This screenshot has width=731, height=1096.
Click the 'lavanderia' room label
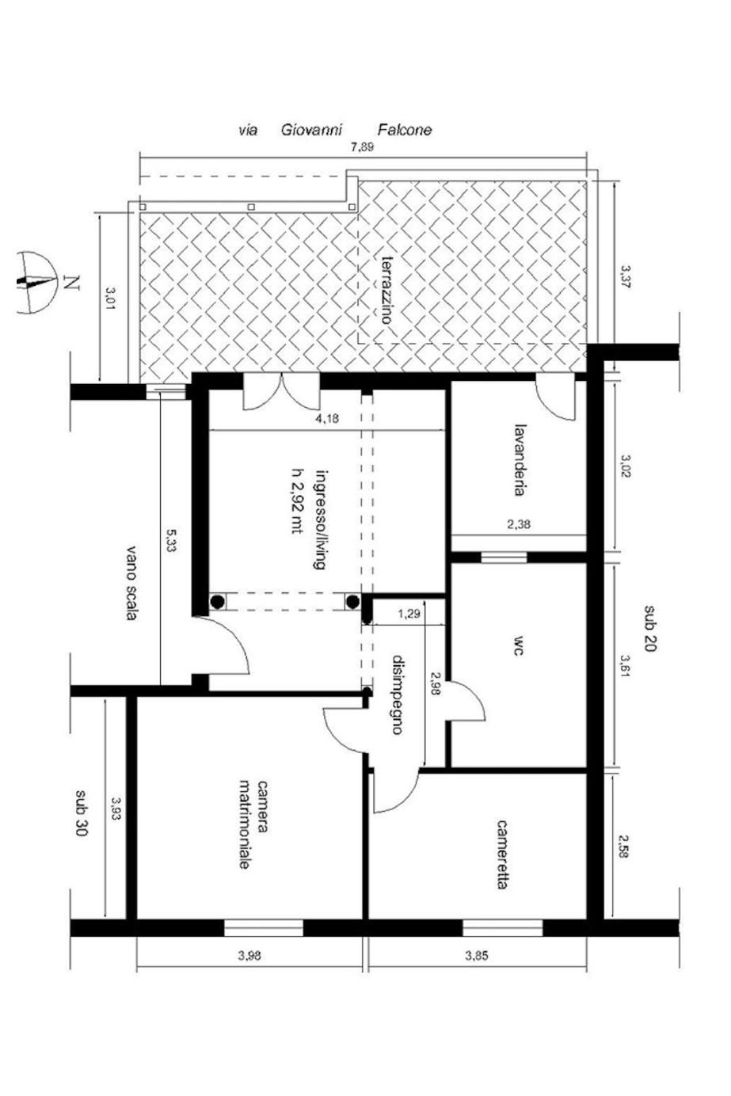pos(519,459)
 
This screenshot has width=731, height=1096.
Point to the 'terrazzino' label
pos(387,290)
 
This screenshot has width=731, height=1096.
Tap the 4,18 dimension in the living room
pos(327,419)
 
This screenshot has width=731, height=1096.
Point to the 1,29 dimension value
pos(409,614)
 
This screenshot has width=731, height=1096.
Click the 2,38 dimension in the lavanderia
pos(519,526)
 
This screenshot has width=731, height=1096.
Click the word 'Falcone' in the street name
pos(405,130)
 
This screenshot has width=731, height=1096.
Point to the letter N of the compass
pos(72,283)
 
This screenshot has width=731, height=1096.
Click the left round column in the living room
pos(218,601)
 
